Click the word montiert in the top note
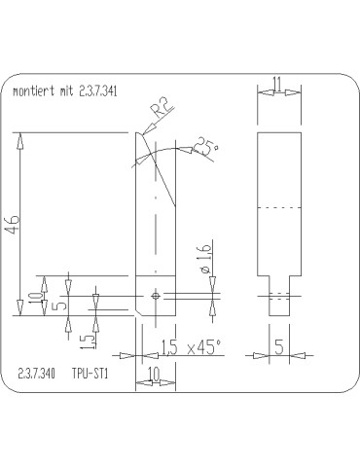click(x=32, y=92)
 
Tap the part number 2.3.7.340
click(x=36, y=373)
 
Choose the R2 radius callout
click(x=165, y=108)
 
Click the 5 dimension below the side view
click(x=278, y=344)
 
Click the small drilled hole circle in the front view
click(x=155, y=294)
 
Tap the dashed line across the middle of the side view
click(x=278, y=209)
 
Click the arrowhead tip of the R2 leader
click(x=143, y=133)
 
